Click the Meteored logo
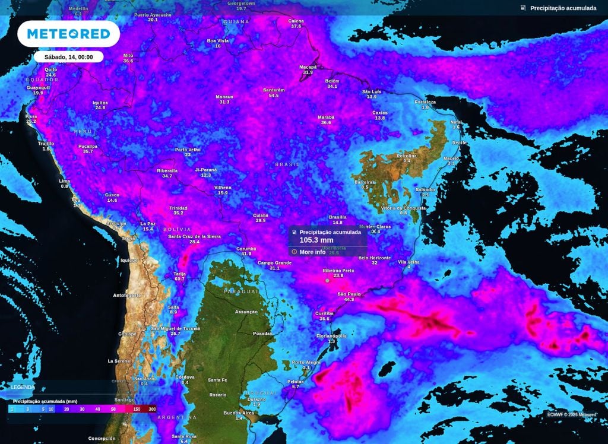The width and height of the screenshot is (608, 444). (68, 34)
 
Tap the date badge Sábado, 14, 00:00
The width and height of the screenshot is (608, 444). (68, 56)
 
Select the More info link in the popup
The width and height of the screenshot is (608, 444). (312, 252)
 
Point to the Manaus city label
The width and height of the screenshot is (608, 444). (224, 96)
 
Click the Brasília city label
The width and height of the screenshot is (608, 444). (337, 217)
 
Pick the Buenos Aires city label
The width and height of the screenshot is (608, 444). (239, 413)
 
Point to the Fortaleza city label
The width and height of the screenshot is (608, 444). (425, 102)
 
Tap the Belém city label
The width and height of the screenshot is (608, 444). (332, 81)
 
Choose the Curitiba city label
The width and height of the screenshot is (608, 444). (324, 313)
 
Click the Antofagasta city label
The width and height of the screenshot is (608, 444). (127, 295)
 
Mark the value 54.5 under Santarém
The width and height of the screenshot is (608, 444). (274, 96)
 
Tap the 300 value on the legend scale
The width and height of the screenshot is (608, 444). (153, 410)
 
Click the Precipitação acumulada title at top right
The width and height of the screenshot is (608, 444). (563, 8)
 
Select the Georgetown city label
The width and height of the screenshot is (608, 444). (241, 3)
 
